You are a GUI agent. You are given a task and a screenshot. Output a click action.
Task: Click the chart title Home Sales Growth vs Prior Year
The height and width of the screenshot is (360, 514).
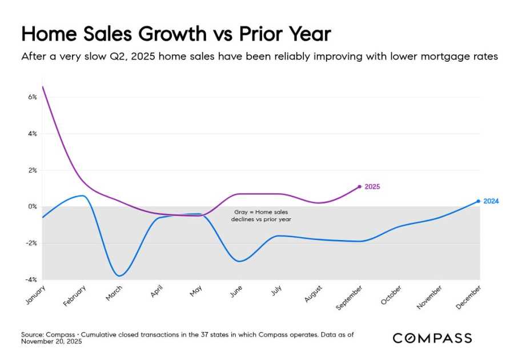176,34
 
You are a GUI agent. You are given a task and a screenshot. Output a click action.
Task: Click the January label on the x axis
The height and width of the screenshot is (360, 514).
35,293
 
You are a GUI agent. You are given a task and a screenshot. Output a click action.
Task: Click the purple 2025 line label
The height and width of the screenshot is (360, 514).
372,187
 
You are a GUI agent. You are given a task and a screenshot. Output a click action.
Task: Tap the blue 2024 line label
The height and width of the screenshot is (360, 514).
491,201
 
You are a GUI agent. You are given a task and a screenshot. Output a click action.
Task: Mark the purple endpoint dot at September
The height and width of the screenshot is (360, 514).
359,186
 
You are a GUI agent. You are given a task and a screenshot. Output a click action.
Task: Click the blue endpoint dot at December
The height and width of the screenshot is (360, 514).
478,201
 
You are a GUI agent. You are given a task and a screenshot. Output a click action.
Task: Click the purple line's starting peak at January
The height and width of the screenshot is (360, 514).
43,87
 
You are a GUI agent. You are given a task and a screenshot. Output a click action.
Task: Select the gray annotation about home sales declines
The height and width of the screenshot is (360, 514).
261,215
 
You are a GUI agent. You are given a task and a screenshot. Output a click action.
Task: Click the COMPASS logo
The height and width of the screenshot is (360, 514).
432,338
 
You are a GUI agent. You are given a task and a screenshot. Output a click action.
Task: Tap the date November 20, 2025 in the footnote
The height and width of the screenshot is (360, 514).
52,341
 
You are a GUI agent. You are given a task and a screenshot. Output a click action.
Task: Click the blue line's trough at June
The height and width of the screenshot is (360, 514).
239,261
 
